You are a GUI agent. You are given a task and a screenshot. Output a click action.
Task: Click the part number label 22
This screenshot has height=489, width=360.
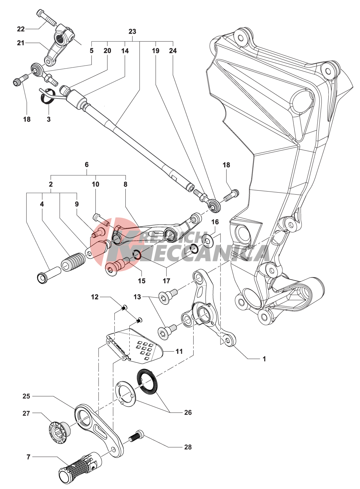click(21, 29)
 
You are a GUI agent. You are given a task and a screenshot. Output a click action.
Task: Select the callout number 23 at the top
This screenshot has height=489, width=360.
click(132, 31)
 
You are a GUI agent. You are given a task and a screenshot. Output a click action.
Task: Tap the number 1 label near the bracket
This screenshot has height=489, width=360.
click(264, 359)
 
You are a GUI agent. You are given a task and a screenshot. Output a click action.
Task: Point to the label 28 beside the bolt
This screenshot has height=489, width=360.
click(188, 447)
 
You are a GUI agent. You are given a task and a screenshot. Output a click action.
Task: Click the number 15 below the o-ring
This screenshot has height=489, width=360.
click(142, 281)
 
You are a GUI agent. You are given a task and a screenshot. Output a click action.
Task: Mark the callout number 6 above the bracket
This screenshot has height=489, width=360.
click(87, 165)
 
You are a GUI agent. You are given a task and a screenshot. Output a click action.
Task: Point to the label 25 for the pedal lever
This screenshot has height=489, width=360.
click(26, 396)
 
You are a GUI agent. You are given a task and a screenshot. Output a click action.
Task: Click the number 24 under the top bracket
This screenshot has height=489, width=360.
click(173, 51)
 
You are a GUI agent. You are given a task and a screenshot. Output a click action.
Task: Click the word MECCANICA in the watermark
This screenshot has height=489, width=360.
click(208, 253)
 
